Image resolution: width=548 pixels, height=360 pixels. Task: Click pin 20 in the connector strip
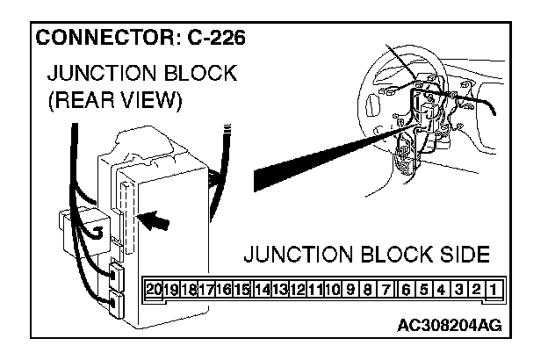coord(155,288)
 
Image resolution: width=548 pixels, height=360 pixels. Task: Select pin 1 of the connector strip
coord(495,288)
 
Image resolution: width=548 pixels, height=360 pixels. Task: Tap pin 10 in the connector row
coord(333,288)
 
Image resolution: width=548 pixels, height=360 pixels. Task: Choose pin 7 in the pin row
coord(387,288)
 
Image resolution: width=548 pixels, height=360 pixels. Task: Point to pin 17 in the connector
coord(208,288)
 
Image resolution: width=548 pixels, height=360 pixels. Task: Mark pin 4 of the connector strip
coord(442,288)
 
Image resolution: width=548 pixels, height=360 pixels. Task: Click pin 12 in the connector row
coord(298,288)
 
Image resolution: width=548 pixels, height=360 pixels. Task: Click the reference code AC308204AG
coord(449,325)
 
